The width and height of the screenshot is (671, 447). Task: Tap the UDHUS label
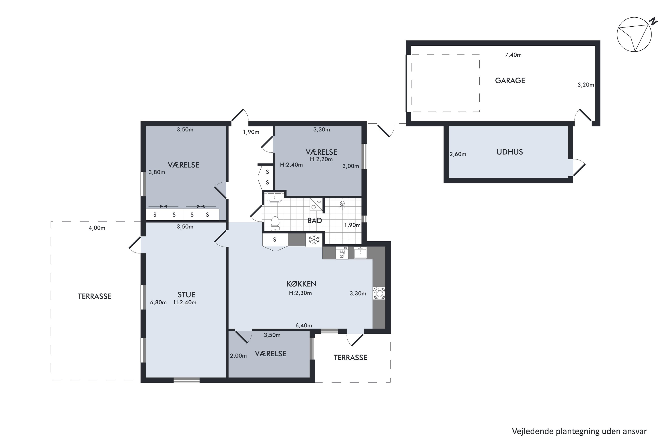510,152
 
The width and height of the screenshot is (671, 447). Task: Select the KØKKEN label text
302,284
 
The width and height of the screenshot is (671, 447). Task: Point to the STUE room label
186,295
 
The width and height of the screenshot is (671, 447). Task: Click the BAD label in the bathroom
315,220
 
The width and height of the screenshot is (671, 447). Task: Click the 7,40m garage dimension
513,55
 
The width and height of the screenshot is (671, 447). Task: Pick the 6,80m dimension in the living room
158,302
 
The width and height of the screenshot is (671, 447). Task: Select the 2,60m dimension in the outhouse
458,154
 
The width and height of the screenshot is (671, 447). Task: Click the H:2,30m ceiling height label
300,293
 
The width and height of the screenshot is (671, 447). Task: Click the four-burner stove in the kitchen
379,293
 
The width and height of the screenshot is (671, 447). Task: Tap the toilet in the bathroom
275,223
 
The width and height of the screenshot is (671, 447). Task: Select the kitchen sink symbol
360,253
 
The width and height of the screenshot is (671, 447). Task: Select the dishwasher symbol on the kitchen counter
342,253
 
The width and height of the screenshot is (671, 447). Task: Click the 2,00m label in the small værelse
238,356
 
